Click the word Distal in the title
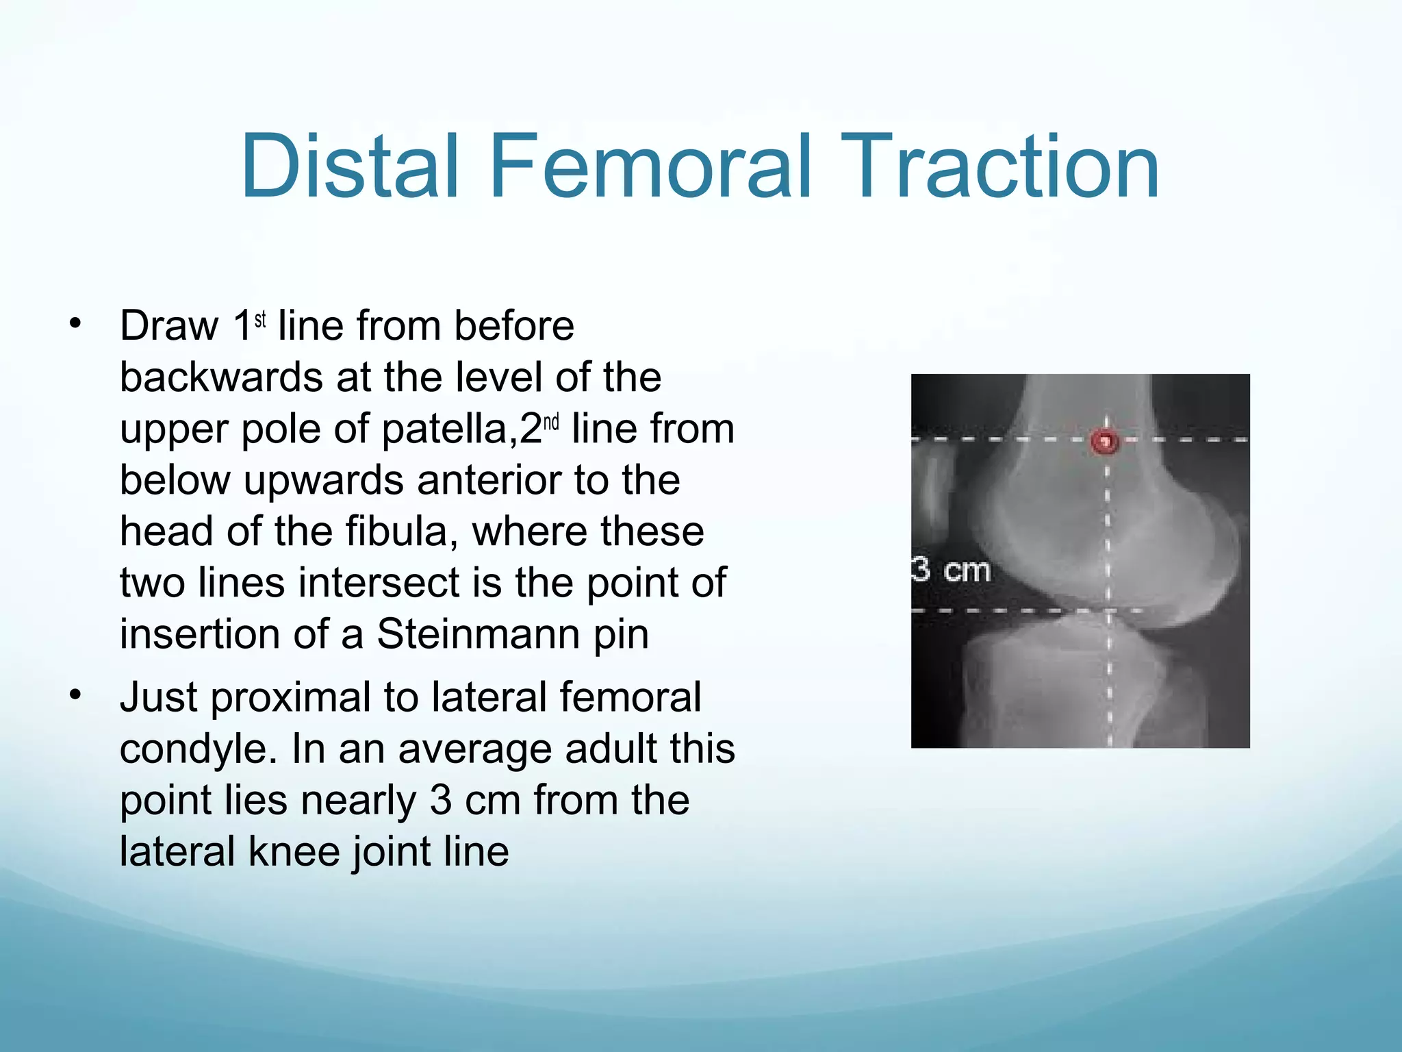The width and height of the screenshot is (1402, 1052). (x=349, y=166)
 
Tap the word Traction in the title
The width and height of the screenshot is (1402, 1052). (x=999, y=166)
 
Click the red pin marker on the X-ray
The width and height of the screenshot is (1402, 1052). (x=1104, y=441)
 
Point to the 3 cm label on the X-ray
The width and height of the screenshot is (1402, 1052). (x=951, y=570)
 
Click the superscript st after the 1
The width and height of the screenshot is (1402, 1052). (x=260, y=319)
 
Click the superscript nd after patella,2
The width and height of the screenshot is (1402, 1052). (x=551, y=423)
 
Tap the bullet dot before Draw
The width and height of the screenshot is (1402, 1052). (x=75, y=323)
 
